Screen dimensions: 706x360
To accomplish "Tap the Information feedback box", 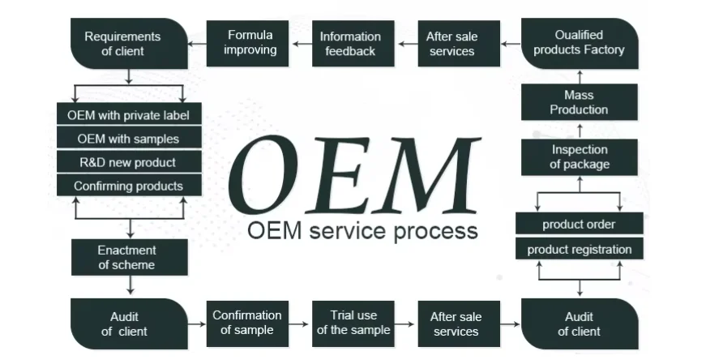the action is point(350,44).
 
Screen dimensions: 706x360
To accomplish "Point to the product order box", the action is point(579,225).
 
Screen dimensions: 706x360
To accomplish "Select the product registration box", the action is point(579,249).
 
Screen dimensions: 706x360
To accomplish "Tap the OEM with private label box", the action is point(128,114).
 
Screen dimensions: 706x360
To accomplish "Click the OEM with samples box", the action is point(128,139).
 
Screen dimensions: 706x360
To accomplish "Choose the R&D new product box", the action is point(128,162).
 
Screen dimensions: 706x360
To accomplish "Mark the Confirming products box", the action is point(128,186).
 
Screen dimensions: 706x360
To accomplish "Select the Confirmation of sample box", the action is point(247,322).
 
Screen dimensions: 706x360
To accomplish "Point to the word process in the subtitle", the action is point(436,231).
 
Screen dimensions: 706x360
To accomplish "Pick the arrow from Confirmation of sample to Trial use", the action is point(300,323).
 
